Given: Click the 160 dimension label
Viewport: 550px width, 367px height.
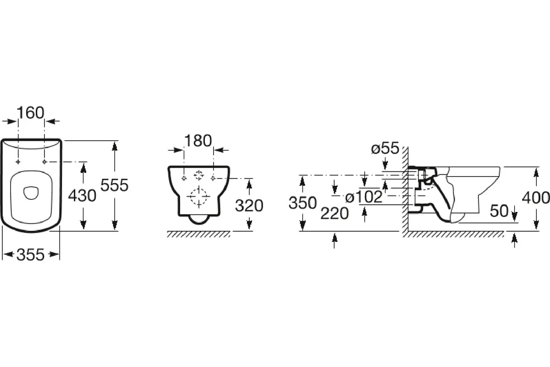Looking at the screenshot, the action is pos(30,113).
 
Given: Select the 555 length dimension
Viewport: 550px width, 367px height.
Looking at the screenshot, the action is pos(115,185).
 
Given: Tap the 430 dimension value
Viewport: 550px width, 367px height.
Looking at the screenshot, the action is pos(82,196).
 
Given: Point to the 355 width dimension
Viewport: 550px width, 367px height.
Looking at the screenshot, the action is pos(30,255).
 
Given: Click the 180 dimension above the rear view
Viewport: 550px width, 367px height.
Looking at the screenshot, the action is pos(198,141).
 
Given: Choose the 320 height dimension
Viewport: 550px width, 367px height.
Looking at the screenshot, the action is pos(249,206).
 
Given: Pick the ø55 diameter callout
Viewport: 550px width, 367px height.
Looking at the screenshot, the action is pos(385,148).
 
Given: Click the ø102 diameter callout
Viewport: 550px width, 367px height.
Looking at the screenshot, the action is pos(364,197).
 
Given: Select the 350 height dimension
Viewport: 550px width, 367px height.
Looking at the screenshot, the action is pos(302,203).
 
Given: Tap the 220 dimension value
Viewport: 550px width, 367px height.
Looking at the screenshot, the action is pos(335,213).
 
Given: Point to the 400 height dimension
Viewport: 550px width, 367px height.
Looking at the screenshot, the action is pos(536,198).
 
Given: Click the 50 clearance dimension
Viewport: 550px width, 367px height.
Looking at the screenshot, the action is pos(499,211).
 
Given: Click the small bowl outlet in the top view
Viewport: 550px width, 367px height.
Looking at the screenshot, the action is pos(31,193).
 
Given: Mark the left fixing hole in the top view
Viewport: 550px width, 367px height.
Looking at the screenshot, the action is pos(18,162).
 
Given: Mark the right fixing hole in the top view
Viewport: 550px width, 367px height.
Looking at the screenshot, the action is pos(44,162).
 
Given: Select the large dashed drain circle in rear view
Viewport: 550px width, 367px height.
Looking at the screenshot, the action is pos(198,197).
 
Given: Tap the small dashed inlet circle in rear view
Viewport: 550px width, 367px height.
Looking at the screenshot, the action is pos(198,175).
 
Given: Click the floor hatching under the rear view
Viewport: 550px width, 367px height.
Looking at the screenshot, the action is pos(198,234).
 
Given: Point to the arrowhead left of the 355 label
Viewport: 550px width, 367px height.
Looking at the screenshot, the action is pos(9,255).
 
